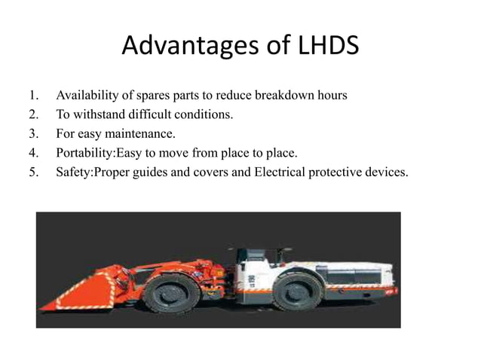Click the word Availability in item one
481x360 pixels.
click(x=85, y=96)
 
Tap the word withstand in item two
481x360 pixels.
click(x=98, y=115)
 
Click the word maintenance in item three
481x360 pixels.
click(x=142, y=135)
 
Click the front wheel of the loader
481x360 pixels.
click(x=173, y=288)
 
